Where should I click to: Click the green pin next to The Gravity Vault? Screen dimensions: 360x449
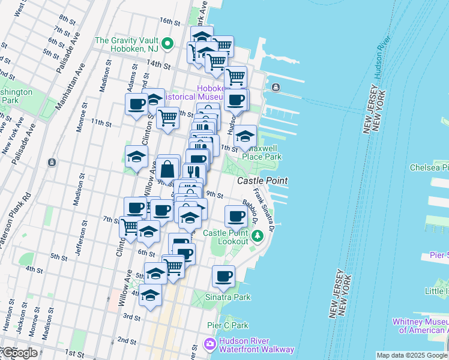click(x=169, y=44)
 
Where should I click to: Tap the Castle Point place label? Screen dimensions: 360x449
click(x=262, y=181)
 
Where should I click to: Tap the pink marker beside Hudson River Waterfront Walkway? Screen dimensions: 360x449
click(x=209, y=344)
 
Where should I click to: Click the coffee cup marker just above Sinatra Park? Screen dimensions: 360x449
click(x=224, y=277)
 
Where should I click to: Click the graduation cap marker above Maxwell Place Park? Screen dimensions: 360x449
click(x=244, y=137)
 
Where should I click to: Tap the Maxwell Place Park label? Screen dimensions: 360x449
click(x=261, y=152)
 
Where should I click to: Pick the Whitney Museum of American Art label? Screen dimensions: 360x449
click(x=420, y=326)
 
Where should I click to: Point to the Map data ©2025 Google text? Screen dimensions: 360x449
click(x=412, y=355)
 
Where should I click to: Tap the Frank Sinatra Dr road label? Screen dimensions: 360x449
click(x=264, y=209)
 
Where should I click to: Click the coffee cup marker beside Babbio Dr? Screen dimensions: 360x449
click(x=236, y=217)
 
